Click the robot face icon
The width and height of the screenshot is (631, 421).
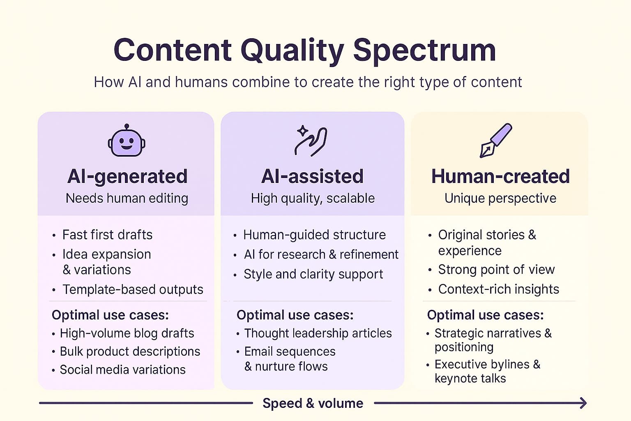(x=127, y=141)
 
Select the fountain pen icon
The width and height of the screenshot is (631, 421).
(x=496, y=140)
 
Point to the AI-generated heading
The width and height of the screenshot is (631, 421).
(x=127, y=176)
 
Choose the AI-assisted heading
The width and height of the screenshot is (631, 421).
(x=312, y=176)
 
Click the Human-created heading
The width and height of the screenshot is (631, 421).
(x=501, y=176)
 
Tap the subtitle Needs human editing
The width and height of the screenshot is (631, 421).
(x=127, y=198)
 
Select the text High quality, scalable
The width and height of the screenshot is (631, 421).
(x=313, y=199)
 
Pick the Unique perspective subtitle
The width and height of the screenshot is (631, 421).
(x=501, y=199)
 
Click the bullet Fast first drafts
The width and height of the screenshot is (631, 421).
(x=107, y=235)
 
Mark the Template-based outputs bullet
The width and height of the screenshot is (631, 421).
(x=133, y=289)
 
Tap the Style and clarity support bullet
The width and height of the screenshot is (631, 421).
(x=313, y=274)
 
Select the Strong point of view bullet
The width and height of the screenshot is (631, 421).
(x=496, y=270)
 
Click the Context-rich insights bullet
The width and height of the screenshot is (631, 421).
(x=499, y=289)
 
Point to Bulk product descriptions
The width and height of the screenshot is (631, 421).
(x=130, y=352)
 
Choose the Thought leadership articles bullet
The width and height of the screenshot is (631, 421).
(x=318, y=333)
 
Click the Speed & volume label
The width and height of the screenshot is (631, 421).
(x=313, y=403)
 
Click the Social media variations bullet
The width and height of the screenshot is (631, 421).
(x=122, y=370)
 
